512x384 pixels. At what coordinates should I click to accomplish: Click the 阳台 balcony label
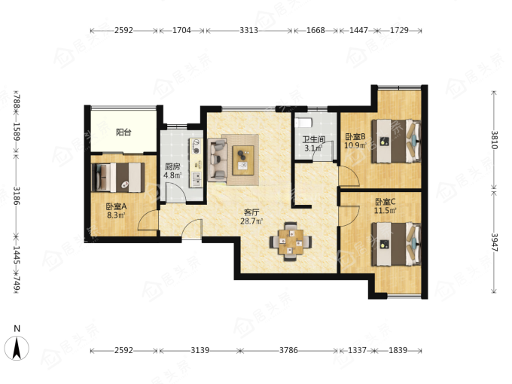pos(123,133)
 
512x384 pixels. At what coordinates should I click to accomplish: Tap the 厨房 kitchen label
pos(172,166)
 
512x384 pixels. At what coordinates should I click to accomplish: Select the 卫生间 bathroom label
pos(314,140)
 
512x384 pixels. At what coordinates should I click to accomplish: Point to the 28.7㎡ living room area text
pos(251,221)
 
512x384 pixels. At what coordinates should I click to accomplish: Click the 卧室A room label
pos(116,206)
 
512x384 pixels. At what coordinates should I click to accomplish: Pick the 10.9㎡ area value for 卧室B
pos(355,145)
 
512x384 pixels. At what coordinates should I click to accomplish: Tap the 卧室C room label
pos(386,202)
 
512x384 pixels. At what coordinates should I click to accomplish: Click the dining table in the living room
pos(291,242)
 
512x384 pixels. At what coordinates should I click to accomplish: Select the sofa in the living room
pos(217,160)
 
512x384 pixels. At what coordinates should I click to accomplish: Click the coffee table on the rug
pos(243,160)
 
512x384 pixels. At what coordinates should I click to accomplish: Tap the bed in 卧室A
pos(118,177)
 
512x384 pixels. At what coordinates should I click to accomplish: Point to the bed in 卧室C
pos(396,244)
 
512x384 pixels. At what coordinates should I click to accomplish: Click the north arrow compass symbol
pos(17,348)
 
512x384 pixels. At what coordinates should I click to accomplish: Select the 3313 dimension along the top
pos(248,30)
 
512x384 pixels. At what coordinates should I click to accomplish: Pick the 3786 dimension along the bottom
pos(288,350)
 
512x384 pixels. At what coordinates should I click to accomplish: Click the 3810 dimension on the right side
pos(495,140)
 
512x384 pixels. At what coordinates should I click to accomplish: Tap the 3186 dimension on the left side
pos(17,195)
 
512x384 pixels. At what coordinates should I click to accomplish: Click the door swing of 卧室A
pos(148,221)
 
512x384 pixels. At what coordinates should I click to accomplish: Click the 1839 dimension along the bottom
pos(398,350)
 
